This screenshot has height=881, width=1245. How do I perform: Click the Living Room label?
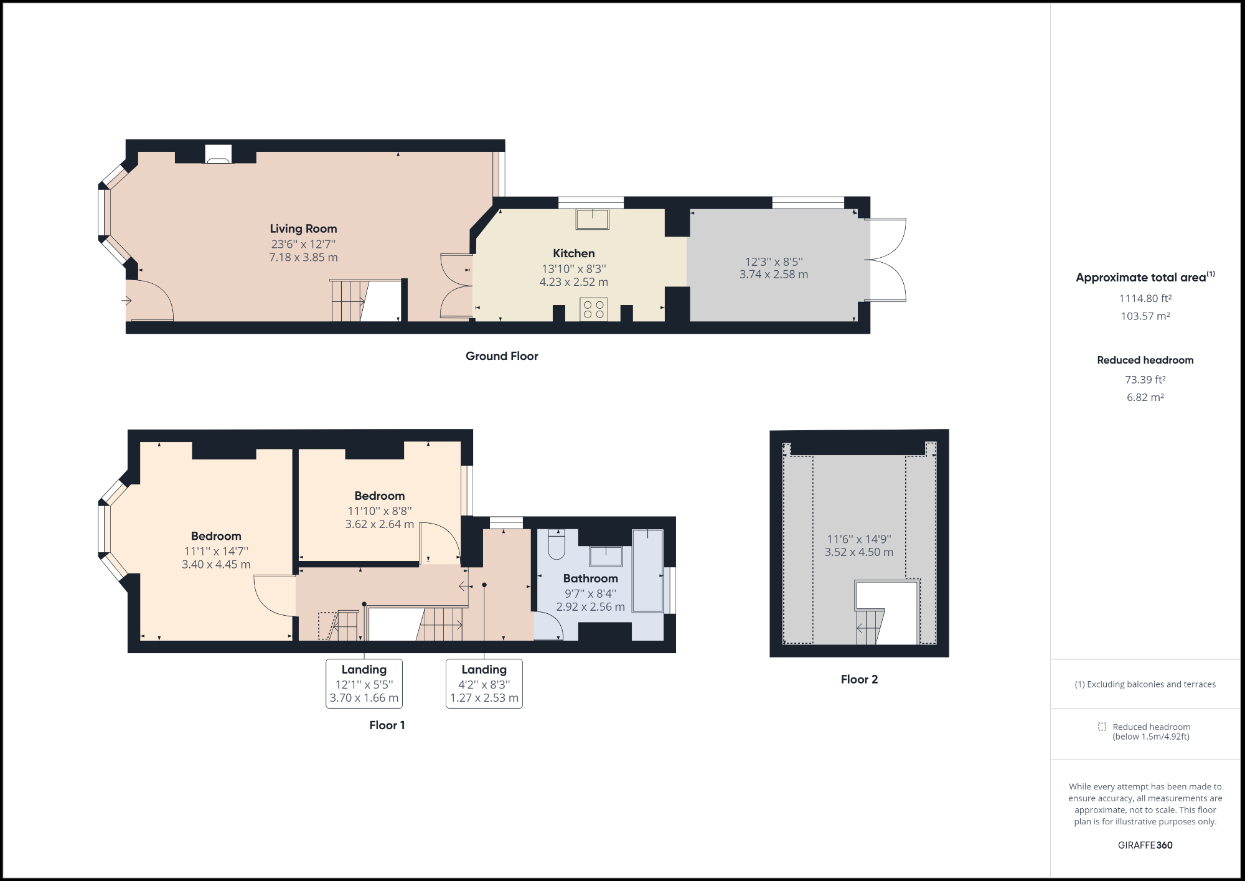pos(303,229)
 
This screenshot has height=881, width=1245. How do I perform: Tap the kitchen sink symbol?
pos(592,219)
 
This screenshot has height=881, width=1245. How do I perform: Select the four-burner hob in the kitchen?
pos(593,309)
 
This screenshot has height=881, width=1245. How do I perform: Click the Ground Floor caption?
pos(502,356)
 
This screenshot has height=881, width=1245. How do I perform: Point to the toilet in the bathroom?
pos(557,545)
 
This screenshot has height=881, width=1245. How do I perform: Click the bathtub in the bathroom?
pos(647,570)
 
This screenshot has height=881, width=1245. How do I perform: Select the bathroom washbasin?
pos(606,556)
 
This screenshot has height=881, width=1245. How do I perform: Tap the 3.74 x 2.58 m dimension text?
pos(774,275)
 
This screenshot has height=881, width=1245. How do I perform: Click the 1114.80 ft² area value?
pos(1145,299)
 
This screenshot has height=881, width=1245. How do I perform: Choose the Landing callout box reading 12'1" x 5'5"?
pos(364,684)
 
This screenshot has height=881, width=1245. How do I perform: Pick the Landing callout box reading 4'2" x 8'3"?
pos(484,684)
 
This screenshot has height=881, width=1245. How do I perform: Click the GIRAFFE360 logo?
pos(1145,845)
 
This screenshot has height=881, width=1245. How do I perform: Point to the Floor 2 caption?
pos(859,679)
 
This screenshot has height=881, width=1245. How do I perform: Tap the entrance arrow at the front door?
pos(127,301)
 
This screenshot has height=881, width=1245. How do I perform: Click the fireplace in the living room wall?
pos(218,154)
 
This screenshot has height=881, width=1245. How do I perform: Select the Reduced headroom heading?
pos(1145,360)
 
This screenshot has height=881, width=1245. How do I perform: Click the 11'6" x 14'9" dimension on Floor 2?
pos(858,539)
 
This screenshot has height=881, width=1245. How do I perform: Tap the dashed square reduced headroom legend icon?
pos(1102,727)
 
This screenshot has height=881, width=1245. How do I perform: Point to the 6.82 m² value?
pos(1145,397)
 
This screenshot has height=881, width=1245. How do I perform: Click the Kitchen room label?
pos(573,253)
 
